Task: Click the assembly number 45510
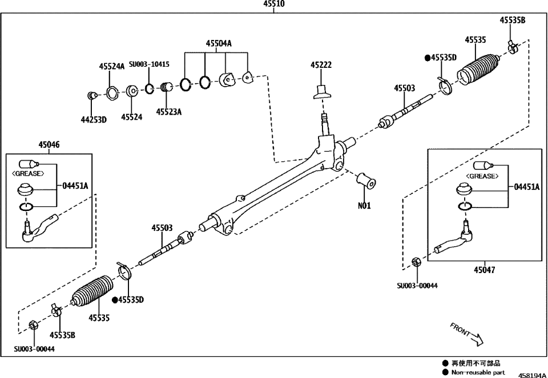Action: (x=273, y=4)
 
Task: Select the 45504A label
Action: (x=219, y=43)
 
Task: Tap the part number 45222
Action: (x=321, y=66)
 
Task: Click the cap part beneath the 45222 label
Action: (x=323, y=91)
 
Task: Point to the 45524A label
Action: (x=111, y=66)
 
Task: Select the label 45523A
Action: (x=168, y=112)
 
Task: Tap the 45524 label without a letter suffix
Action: (x=131, y=117)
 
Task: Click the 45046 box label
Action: (x=49, y=145)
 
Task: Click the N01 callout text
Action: (x=364, y=206)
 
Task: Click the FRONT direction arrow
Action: (x=468, y=335)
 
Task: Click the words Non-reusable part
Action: (x=478, y=372)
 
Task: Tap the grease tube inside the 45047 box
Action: (x=482, y=165)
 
